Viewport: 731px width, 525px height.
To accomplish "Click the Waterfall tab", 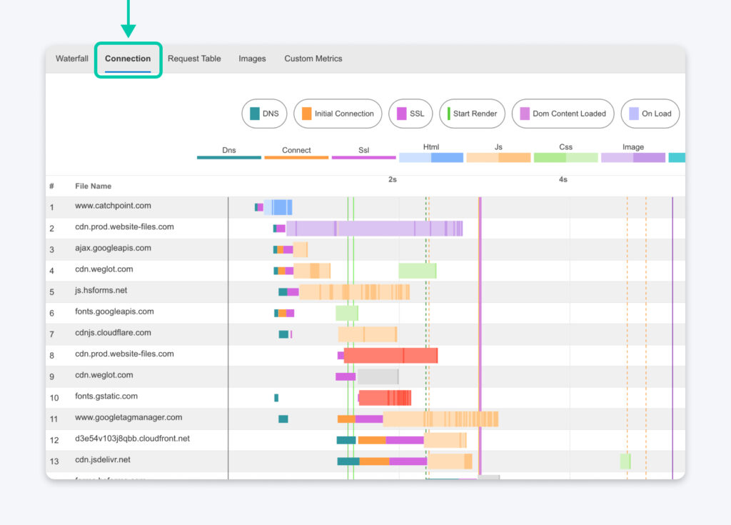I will click(72, 59).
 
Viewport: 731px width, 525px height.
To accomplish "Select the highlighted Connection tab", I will click(128, 59).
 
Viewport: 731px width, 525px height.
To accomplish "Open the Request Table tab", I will click(194, 59).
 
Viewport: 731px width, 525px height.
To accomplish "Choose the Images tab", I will click(252, 59).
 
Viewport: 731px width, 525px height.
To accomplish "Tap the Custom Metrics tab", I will click(313, 59).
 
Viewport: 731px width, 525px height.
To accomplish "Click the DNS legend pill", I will click(264, 114).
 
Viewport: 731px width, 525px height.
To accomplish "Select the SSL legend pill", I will click(410, 114).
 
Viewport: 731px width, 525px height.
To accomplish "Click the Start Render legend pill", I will click(472, 114).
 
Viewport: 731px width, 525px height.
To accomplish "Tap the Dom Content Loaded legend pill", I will click(563, 114).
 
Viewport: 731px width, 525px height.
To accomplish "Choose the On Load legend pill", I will click(650, 114).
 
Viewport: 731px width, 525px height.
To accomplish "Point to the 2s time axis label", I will click(393, 179).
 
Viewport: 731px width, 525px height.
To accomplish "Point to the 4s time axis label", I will click(563, 179).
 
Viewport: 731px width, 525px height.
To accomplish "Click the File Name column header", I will click(94, 186).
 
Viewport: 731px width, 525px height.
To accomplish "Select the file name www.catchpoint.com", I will click(113, 206).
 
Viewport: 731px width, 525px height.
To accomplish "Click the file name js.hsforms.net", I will click(101, 291).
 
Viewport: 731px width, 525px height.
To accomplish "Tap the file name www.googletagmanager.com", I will click(128, 417).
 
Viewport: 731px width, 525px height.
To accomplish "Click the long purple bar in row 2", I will click(374, 229).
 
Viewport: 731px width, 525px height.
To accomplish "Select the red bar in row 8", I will click(390, 356).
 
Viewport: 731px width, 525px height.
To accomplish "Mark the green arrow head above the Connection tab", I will click(128, 29).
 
